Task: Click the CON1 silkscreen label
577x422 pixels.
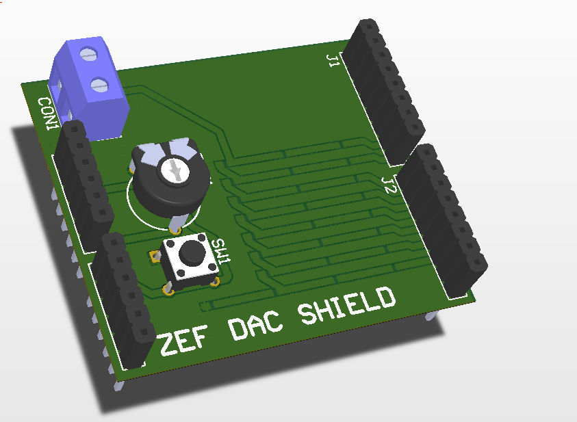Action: (48, 114)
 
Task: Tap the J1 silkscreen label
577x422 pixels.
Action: (333, 61)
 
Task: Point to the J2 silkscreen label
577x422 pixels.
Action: (389, 185)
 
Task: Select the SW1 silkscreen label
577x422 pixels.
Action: (221, 251)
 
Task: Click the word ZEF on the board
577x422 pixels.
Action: (183, 341)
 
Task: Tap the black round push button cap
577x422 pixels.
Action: (192, 252)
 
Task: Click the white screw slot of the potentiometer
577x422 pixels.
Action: (174, 170)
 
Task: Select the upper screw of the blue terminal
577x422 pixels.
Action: (89, 55)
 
